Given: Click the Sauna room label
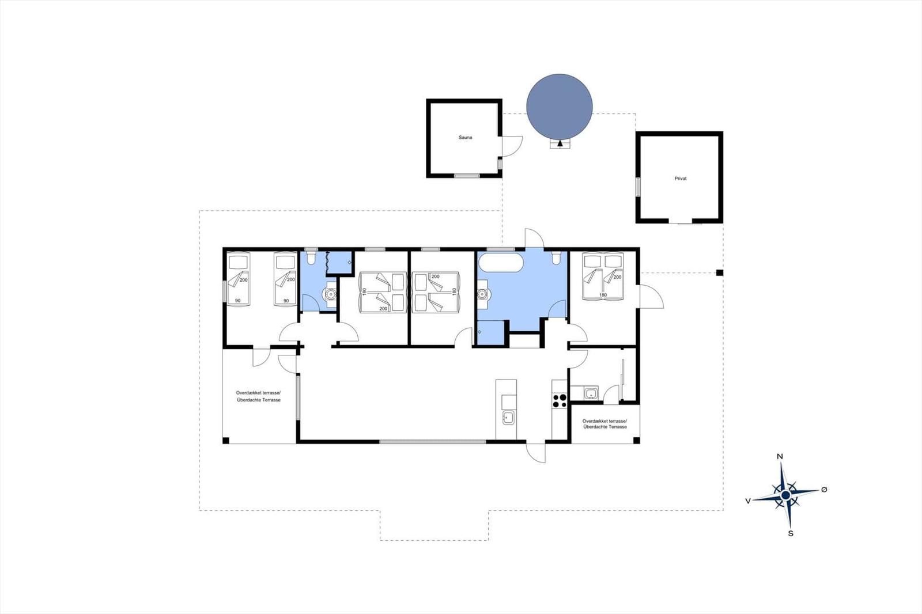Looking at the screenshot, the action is point(465,138).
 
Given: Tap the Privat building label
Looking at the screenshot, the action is point(681,179).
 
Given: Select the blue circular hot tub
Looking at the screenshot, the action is point(560,107).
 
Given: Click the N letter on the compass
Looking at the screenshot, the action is point(779,456).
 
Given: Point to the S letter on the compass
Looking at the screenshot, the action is point(790,533).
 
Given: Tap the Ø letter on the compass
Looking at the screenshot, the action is point(823,490).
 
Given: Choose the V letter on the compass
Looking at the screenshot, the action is point(748,501).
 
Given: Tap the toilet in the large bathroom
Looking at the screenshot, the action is point(556,257).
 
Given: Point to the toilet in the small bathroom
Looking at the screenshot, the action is point(311,256).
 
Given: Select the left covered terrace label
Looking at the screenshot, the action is point(259,396).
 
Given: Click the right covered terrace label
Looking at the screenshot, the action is point(604,424).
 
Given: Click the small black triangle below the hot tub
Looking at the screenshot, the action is point(560,143).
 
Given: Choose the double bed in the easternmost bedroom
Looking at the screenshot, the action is point(603,276).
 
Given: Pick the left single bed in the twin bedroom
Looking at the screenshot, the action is point(239,279).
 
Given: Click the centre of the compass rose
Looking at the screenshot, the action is point(785,495).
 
